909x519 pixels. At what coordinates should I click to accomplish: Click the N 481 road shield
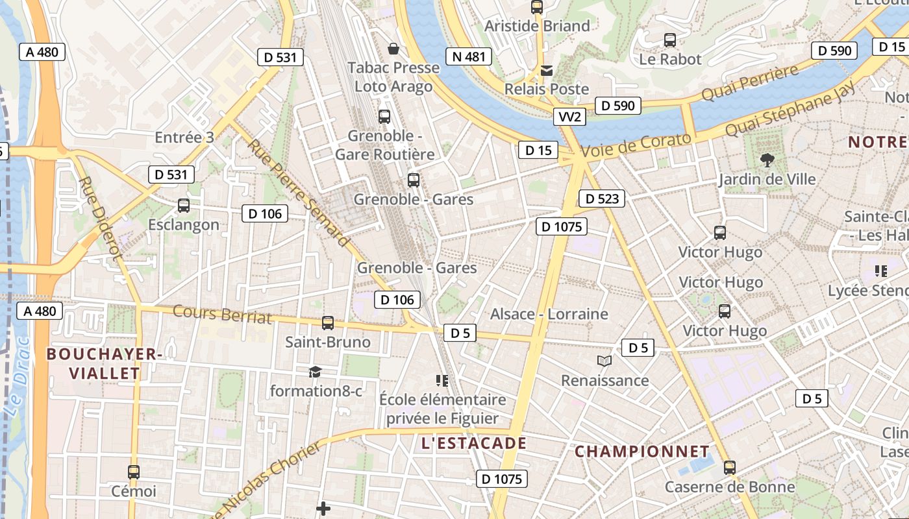[469, 56]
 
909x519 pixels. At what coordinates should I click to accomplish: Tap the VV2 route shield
[570, 117]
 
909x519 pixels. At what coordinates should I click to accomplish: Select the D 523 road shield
[601, 199]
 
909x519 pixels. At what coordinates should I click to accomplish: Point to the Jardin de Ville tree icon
[767, 159]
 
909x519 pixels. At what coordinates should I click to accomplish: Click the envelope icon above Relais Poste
[547, 70]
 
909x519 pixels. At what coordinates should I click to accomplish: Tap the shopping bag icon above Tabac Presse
[393, 49]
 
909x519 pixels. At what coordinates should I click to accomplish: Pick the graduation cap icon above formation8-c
[315, 372]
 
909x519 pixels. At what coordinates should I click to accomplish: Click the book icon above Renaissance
[604, 361]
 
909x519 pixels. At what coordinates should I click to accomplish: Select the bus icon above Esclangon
[184, 206]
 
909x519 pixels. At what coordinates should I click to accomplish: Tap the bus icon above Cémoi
[134, 472]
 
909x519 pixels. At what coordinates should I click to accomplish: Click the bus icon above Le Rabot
[670, 40]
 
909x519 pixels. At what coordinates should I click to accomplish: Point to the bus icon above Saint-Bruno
[328, 322]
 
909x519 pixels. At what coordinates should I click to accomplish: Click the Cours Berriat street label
[222, 314]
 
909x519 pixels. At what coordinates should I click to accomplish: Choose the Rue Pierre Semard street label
[298, 193]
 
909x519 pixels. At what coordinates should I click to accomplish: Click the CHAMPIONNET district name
[642, 451]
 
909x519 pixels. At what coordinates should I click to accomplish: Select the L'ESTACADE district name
[473, 444]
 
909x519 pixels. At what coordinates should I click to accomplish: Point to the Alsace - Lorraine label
[549, 314]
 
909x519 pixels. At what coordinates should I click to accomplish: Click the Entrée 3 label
[184, 138]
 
